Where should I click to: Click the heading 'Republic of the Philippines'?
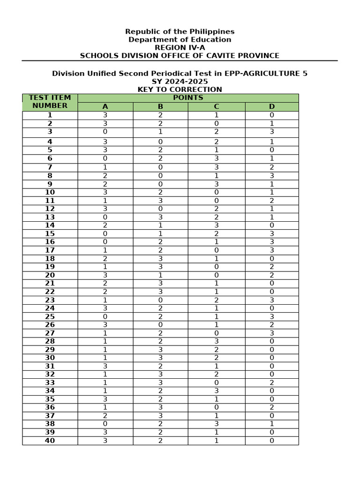coord(180,31)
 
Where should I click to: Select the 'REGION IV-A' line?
coord(180,47)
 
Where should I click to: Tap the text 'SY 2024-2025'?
coord(180,82)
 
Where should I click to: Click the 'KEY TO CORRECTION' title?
coord(180,90)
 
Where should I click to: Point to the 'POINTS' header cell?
coord(188,97)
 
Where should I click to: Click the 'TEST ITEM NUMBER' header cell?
coord(50,102)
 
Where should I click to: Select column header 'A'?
coord(105,106)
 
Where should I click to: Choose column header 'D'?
coord(271,106)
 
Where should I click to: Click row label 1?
coord(50,115)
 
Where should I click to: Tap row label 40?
coord(50,441)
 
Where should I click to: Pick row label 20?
coord(50,275)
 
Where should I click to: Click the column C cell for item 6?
coord(216,158)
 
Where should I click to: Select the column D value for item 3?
coord(271,132)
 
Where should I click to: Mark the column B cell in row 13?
coord(160,217)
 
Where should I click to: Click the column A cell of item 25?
coord(105,316)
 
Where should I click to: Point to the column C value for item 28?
coord(216,341)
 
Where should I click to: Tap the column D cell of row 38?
coord(271,424)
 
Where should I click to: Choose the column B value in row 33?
coord(160,382)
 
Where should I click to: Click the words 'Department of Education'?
coord(180,39)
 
